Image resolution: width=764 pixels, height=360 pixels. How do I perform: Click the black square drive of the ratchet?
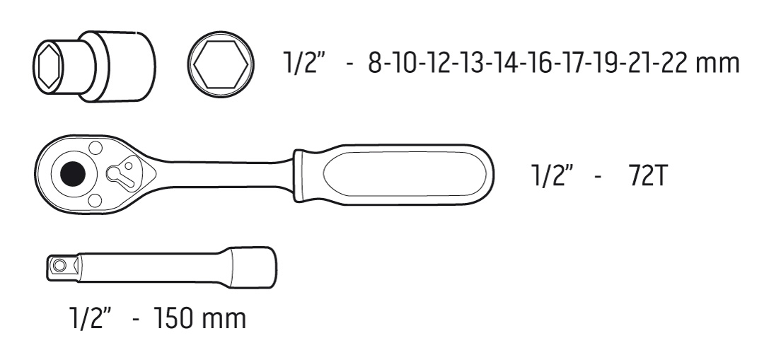pyautogui.click(x=73, y=173)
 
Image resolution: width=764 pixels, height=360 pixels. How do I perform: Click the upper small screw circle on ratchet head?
pyautogui.click(x=95, y=148)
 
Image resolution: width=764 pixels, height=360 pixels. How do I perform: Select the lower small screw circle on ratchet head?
pyautogui.click(x=95, y=199)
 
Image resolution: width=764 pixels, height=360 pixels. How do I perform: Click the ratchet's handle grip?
pyautogui.click(x=393, y=174)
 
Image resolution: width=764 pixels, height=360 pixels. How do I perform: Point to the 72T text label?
pyautogui.click(x=647, y=175)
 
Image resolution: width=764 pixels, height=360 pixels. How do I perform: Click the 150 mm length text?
pyautogui.click(x=199, y=318)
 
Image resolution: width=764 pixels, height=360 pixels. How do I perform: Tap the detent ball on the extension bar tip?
pyautogui.click(x=59, y=265)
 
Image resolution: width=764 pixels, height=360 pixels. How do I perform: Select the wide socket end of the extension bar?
pyautogui.click(x=253, y=265)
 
